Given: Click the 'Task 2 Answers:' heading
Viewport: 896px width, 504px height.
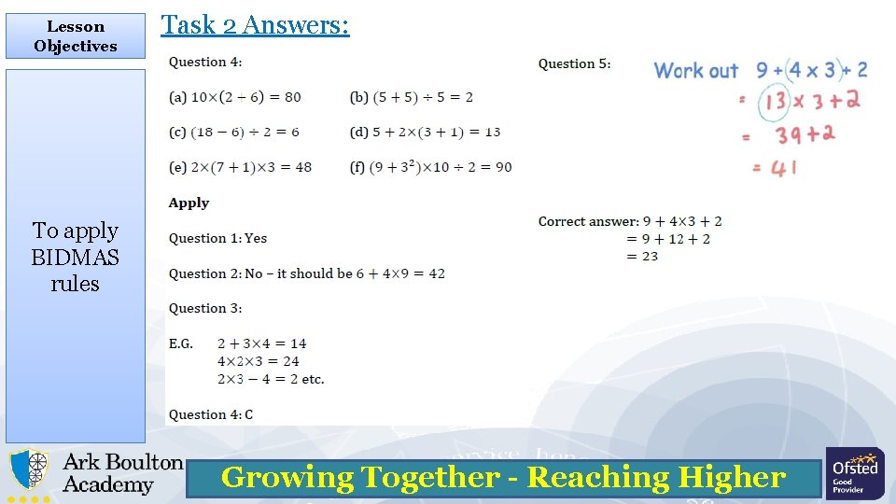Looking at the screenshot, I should click(255, 24).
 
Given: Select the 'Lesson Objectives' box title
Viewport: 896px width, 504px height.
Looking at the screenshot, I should click(76, 36).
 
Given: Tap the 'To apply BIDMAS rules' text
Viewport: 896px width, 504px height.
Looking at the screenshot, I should click(76, 257).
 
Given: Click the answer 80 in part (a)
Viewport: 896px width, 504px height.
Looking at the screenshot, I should click(291, 97).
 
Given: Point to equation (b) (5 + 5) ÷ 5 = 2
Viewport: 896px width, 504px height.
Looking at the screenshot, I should click(412, 97).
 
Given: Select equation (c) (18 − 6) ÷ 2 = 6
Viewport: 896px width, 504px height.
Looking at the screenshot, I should click(234, 133).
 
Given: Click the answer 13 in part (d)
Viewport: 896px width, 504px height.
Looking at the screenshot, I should click(492, 133).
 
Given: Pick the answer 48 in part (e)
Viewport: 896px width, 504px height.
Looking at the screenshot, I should click(302, 168).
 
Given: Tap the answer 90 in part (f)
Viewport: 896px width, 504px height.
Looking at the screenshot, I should click(503, 168).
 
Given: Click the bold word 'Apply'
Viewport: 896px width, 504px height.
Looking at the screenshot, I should click(189, 203).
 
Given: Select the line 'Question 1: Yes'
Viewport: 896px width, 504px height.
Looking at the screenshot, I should click(217, 238).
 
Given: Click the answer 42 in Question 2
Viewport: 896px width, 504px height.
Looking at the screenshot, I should click(436, 273).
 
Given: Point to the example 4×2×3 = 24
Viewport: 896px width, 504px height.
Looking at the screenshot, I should click(258, 361).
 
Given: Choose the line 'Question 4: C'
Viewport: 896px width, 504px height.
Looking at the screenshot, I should click(211, 414).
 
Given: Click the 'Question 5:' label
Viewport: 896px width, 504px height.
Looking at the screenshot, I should click(574, 63).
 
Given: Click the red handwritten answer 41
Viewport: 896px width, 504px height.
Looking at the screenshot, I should click(783, 169).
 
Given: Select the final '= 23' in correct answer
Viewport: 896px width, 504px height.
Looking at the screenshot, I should click(642, 256).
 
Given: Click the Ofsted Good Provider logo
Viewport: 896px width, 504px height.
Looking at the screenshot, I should click(854, 473).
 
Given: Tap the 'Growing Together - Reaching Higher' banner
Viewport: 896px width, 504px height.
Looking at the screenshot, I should click(503, 478).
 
